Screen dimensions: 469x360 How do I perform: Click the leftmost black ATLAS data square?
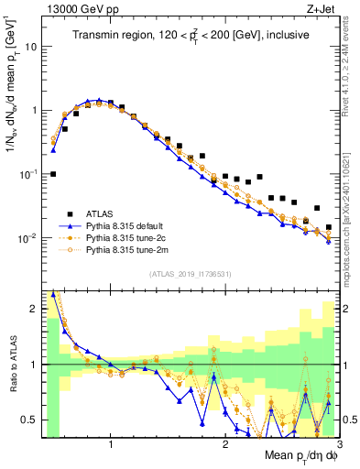[53, 173]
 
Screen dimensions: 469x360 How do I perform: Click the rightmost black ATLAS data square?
[328, 227]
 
